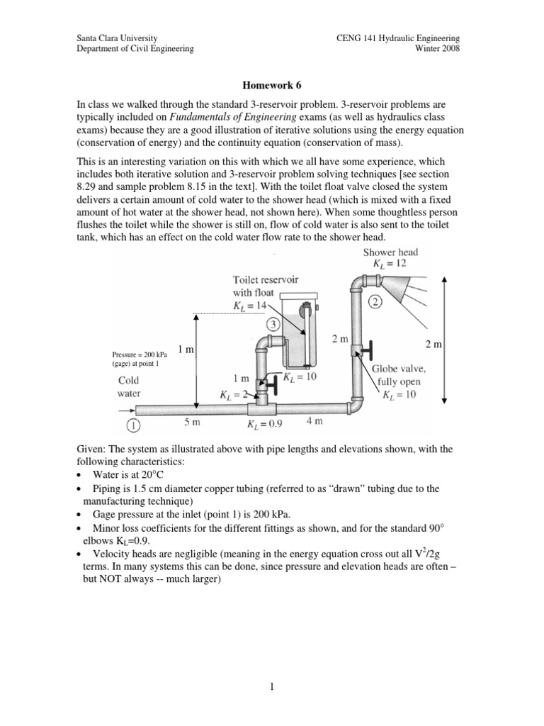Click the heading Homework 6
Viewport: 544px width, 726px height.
point(271,85)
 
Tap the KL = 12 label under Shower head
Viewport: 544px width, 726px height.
point(390,264)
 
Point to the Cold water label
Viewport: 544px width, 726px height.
point(129,386)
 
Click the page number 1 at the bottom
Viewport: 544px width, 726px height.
point(271,686)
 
